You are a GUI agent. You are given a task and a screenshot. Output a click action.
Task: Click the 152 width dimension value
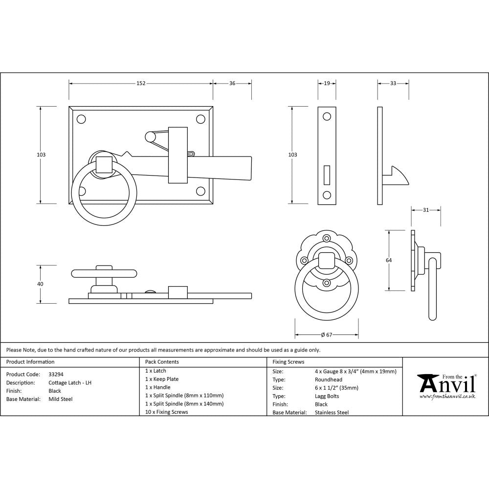(x=140, y=84)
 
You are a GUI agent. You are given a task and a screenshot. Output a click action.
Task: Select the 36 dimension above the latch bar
(x=232, y=84)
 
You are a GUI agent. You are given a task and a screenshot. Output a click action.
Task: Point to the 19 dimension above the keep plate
(x=327, y=84)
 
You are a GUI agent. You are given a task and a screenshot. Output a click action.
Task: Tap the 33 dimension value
(x=393, y=84)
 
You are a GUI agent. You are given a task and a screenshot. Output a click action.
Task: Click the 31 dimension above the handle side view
(x=426, y=210)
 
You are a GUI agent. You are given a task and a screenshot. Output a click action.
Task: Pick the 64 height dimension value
(x=389, y=260)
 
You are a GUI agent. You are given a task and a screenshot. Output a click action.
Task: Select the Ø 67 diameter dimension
(x=327, y=335)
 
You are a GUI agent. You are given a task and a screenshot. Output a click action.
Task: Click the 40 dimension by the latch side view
(x=40, y=284)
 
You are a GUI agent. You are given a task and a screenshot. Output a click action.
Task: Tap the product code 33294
(x=56, y=374)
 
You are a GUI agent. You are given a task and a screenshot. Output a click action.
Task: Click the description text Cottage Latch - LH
(x=70, y=382)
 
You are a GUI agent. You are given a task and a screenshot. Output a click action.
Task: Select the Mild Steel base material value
(x=61, y=399)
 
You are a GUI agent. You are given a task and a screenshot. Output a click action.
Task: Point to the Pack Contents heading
(x=162, y=362)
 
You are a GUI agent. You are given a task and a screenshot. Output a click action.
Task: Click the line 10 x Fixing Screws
(x=166, y=412)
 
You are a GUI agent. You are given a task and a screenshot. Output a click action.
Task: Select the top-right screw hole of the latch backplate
(x=200, y=119)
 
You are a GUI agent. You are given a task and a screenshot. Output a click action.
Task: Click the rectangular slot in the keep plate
(x=327, y=175)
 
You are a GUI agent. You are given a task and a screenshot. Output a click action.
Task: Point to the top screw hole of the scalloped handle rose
(x=327, y=238)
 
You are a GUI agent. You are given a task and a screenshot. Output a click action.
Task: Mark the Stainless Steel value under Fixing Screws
(x=332, y=413)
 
